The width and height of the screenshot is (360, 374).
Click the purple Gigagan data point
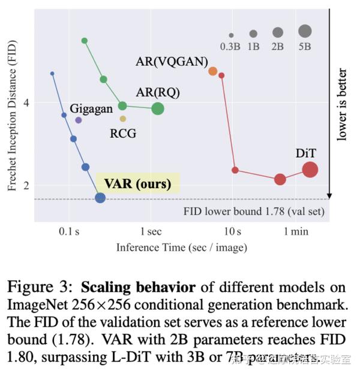(78, 120)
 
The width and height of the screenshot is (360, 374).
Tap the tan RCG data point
(122, 119)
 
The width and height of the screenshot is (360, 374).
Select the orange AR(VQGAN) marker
(212, 71)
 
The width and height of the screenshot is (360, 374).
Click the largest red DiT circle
(310, 170)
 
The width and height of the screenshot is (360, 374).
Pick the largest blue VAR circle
(100, 198)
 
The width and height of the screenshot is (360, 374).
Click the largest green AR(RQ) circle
(158, 108)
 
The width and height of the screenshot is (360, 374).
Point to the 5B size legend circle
(305, 31)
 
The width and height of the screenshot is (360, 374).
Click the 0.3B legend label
(230, 46)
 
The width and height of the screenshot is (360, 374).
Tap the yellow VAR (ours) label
(137, 183)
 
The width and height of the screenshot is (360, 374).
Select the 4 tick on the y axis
(26, 102)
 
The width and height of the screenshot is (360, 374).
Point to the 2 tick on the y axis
(26, 185)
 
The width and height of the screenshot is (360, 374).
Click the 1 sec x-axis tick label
(150, 231)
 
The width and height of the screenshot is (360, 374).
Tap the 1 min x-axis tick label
(296, 231)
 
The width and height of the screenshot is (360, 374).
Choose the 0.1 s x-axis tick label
(70, 231)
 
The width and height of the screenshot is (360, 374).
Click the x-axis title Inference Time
(181, 247)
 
